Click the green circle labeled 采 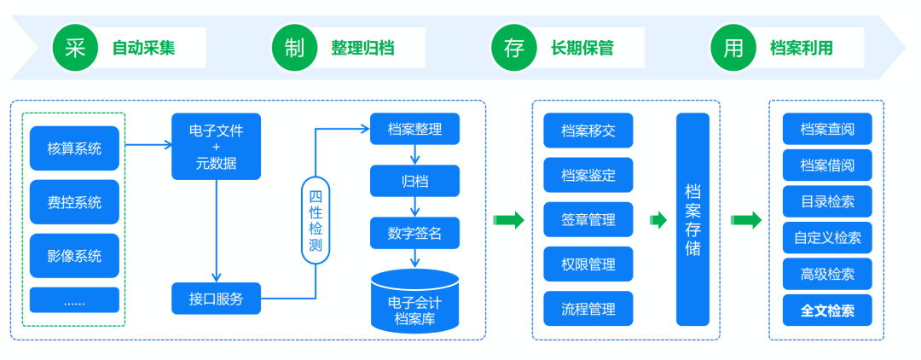pos(75,48)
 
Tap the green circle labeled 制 pos(294,48)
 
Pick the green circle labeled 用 pos(733,48)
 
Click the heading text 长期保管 pos(582,48)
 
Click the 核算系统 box pos(74,148)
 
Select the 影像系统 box pos(74,255)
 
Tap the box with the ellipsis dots pos(74,300)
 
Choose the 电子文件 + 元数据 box pos(216,146)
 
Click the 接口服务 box pos(216,299)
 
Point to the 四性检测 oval pos(316,220)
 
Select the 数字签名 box pos(414,233)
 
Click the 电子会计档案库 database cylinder pos(414,300)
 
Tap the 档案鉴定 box pos(588,175)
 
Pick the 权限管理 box pos(588,264)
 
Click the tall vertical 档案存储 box pos(693,219)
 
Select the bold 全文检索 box pos(827,311)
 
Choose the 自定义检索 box pos(827,238)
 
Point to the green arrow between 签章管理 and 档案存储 pos(658,220)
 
